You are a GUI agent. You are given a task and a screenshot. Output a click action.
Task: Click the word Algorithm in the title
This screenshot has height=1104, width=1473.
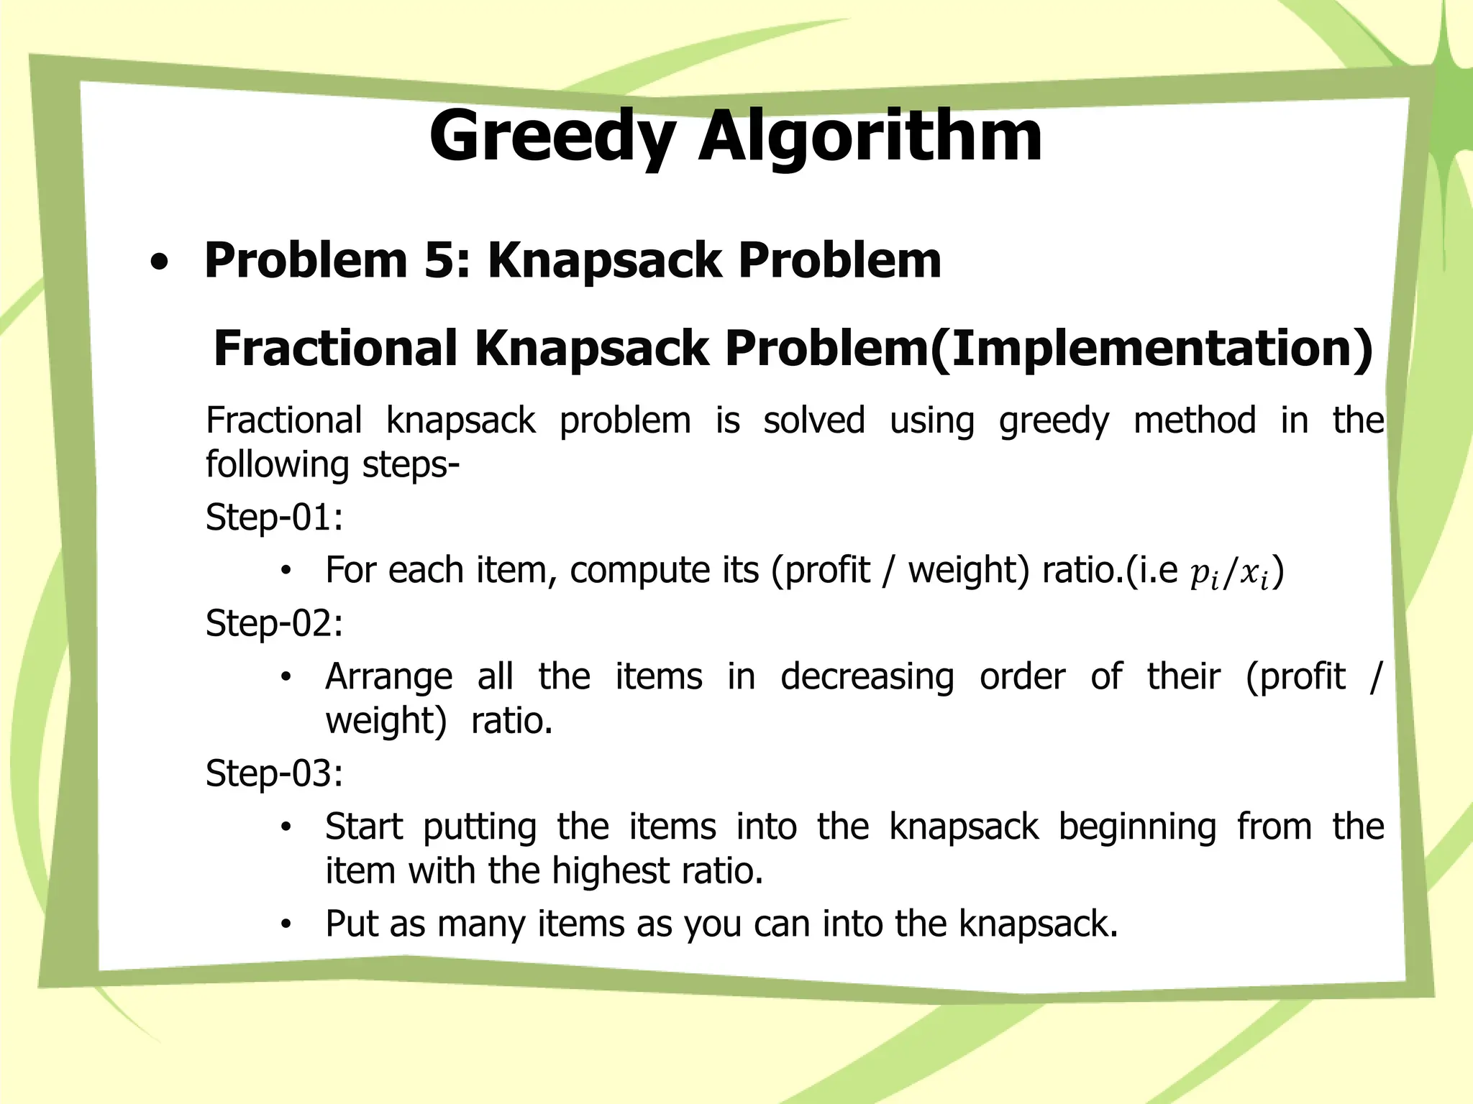click(870, 137)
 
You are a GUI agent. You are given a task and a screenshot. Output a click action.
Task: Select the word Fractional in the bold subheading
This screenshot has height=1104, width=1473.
click(335, 348)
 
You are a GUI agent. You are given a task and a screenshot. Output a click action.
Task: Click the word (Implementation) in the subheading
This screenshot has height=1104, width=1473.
click(1152, 348)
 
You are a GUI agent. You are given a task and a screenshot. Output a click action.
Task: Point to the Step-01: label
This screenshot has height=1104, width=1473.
click(274, 517)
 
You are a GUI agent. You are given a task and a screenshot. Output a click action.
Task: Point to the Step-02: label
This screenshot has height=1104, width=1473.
click(274, 622)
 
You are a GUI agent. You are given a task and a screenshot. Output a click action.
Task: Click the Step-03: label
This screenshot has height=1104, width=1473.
click(274, 773)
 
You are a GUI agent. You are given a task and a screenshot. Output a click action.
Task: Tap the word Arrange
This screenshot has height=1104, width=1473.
click(388, 677)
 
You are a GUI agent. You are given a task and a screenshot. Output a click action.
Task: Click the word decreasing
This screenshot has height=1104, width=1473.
click(867, 677)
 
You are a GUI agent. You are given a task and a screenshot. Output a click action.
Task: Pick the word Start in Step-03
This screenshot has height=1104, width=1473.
click(363, 827)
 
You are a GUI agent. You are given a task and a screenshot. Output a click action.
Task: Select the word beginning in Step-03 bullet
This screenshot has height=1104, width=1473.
click(1137, 827)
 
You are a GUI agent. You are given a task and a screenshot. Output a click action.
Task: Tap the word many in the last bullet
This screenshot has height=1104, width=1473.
click(480, 924)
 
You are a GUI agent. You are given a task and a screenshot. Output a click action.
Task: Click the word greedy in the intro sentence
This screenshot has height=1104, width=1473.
click(1054, 421)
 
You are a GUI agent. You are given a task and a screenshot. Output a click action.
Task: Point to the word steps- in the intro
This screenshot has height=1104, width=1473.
click(411, 465)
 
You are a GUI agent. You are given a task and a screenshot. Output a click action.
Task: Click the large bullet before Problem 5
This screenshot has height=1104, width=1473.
click(160, 263)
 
